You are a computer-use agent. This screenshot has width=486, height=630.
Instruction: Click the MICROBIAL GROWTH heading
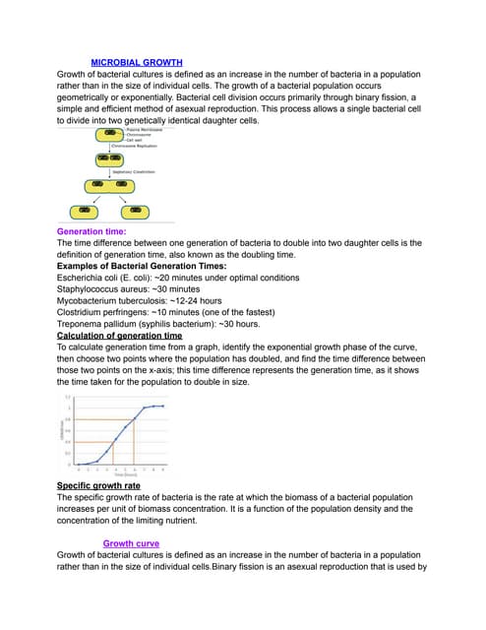pos(137,62)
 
